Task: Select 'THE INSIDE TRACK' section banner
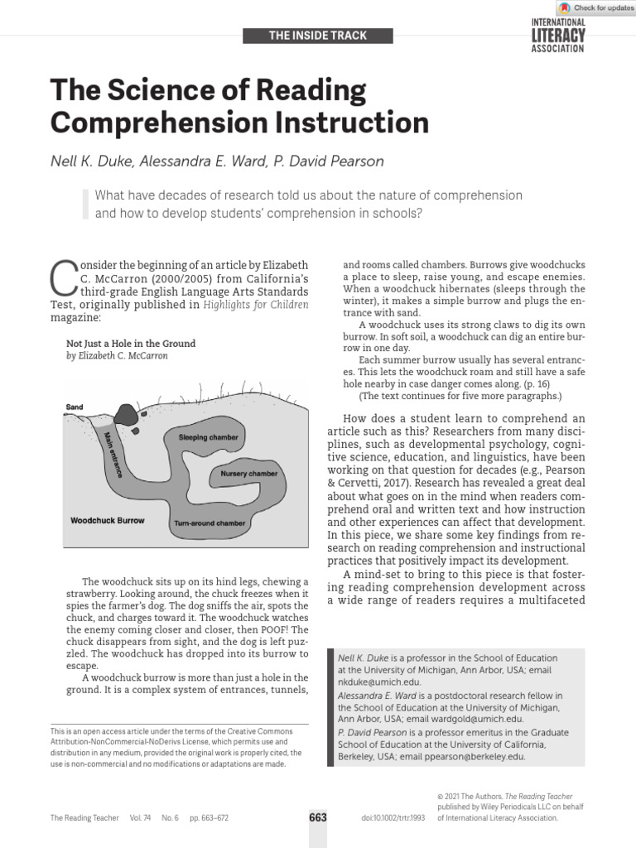(318, 36)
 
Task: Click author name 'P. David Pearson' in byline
(328, 161)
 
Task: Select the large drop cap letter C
(65, 278)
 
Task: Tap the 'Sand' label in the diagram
(75, 407)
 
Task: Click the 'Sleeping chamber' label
(208, 436)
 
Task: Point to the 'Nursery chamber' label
(248, 474)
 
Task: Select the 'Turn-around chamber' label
(209, 523)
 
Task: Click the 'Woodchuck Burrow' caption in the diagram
(108, 521)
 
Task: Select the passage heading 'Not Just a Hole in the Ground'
(130, 343)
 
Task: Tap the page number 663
(318, 817)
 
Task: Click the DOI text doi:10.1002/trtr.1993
(393, 817)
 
